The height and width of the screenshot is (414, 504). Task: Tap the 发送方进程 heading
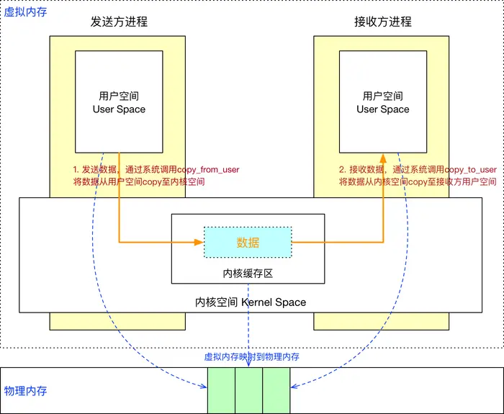pos(119,22)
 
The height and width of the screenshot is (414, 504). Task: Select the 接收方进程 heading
pos(383,22)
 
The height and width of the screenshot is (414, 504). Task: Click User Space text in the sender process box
pos(120,109)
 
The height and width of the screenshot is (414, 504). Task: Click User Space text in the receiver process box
pos(383,109)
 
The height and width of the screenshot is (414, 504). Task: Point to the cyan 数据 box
pos(248,243)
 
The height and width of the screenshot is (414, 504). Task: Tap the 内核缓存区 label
pos(248,274)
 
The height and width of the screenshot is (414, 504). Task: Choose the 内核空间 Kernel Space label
pos(251,302)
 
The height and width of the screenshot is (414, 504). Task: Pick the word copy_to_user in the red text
pos(470,170)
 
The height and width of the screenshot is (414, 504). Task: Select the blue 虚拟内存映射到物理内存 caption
pos(252,356)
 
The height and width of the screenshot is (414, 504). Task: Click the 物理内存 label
pos(26,391)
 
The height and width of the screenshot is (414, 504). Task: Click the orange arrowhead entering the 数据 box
pos(199,243)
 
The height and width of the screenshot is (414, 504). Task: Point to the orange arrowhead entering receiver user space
pos(383,156)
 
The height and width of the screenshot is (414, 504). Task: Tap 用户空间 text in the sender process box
pos(120,96)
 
